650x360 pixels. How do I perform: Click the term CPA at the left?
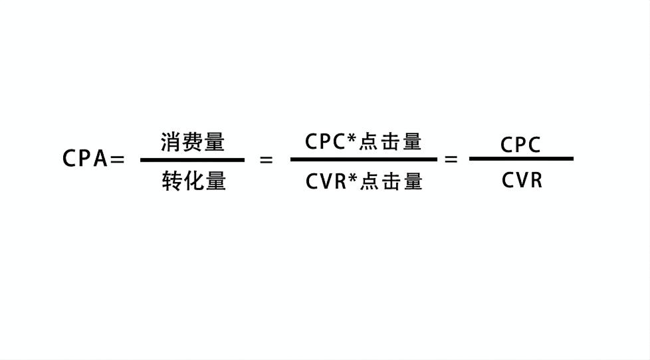click(x=85, y=159)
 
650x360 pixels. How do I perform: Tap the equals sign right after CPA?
click(x=117, y=159)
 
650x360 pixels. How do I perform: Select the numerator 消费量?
click(x=193, y=142)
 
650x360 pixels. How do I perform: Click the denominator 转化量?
click(x=193, y=181)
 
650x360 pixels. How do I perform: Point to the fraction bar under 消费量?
click(x=192, y=159)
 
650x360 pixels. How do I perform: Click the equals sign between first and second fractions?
click(x=266, y=160)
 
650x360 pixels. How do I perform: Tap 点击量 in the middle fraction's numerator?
click(x=390, y=142)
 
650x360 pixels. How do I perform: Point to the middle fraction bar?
click(x=364, y=159)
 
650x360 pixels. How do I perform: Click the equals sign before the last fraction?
click(x=451, y=159)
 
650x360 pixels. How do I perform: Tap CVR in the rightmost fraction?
click(x=522, y=180)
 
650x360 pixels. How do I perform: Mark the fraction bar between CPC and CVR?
click(x=521, y=159)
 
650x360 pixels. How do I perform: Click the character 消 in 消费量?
click(x=171, y=142)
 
